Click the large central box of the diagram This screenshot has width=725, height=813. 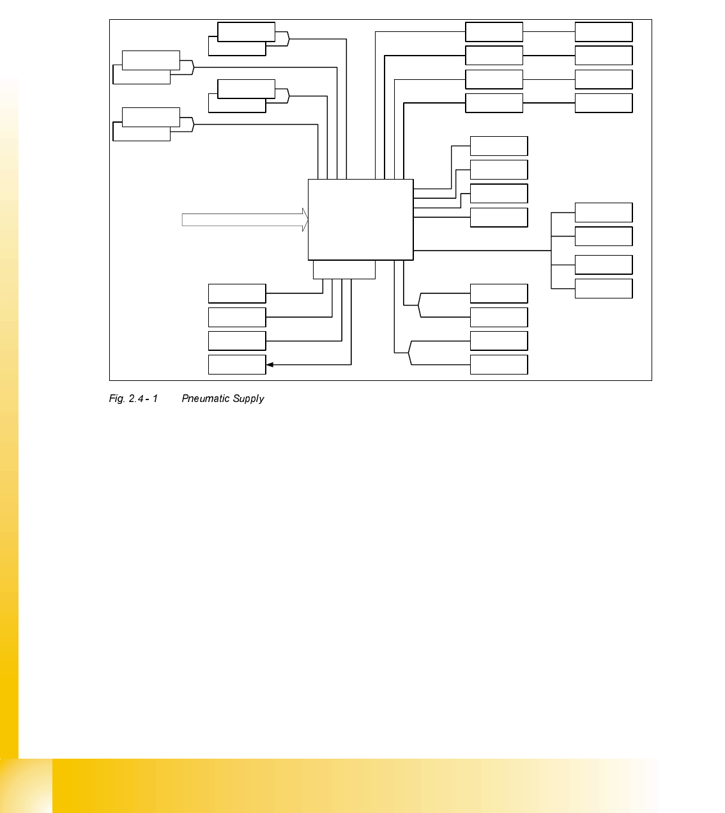(360, 219)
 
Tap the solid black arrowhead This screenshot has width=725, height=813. (270, 365)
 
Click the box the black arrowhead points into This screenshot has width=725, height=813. (236, 365)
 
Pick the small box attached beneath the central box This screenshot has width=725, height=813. (344, 270)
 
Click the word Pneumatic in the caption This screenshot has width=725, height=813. (206, 399)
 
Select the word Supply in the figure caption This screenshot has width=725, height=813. (248, 399)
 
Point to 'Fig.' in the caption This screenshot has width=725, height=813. (116, 399)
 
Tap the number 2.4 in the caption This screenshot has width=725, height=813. (136, 399)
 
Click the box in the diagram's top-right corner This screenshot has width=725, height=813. (603, 32)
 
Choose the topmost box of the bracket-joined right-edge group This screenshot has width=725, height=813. (603, 212)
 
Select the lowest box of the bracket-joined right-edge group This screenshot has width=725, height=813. (603, 288)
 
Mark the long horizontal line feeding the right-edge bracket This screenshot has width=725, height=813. (482, 251)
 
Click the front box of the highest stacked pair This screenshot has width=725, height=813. (246, 32)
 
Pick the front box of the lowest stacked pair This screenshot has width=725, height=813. (151, 117)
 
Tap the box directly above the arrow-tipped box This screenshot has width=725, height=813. (236, 341)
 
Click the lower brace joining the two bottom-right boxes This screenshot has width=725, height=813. (409, 353)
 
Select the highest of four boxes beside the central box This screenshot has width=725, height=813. (498, 146)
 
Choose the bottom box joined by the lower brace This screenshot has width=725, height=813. (498, 364)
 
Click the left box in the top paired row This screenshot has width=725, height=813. (494, 32)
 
